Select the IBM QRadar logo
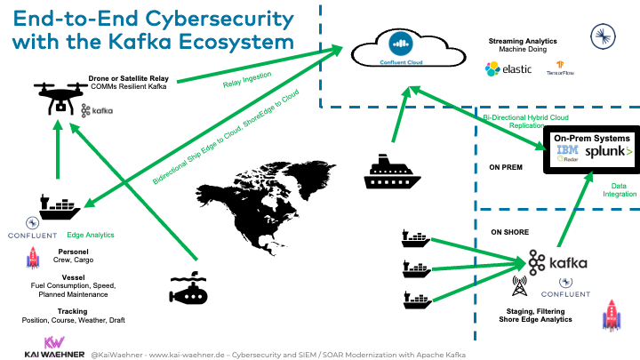(568, 154)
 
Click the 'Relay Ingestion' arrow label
(247, 84)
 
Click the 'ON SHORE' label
(509, 231)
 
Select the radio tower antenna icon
(517, 288)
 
